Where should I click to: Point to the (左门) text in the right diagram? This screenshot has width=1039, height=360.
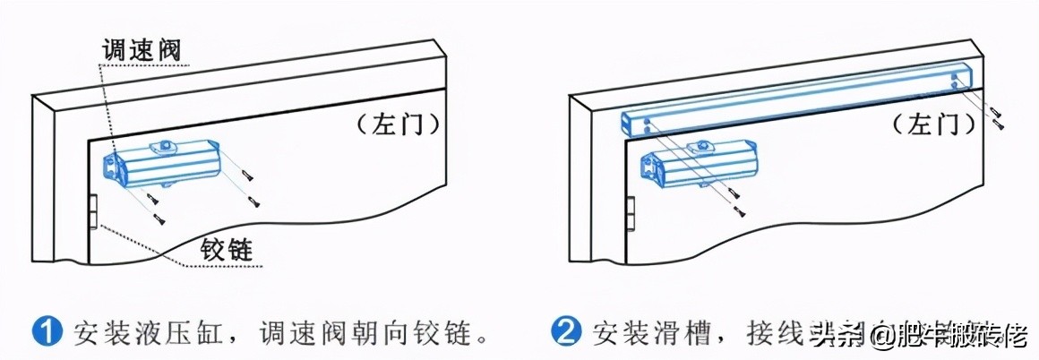pyautogui.click(x=932, y=124)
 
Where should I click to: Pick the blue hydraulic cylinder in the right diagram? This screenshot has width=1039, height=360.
pyautogui.click(x=693, y=164)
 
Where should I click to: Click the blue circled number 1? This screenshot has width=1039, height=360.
pyautogui.click(x=46, y=333)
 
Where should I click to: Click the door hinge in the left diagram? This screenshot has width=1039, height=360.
pyautogui.click(x=92, y=212)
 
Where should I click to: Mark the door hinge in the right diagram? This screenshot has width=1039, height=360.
pyautogui.click(x=629, y=212)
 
